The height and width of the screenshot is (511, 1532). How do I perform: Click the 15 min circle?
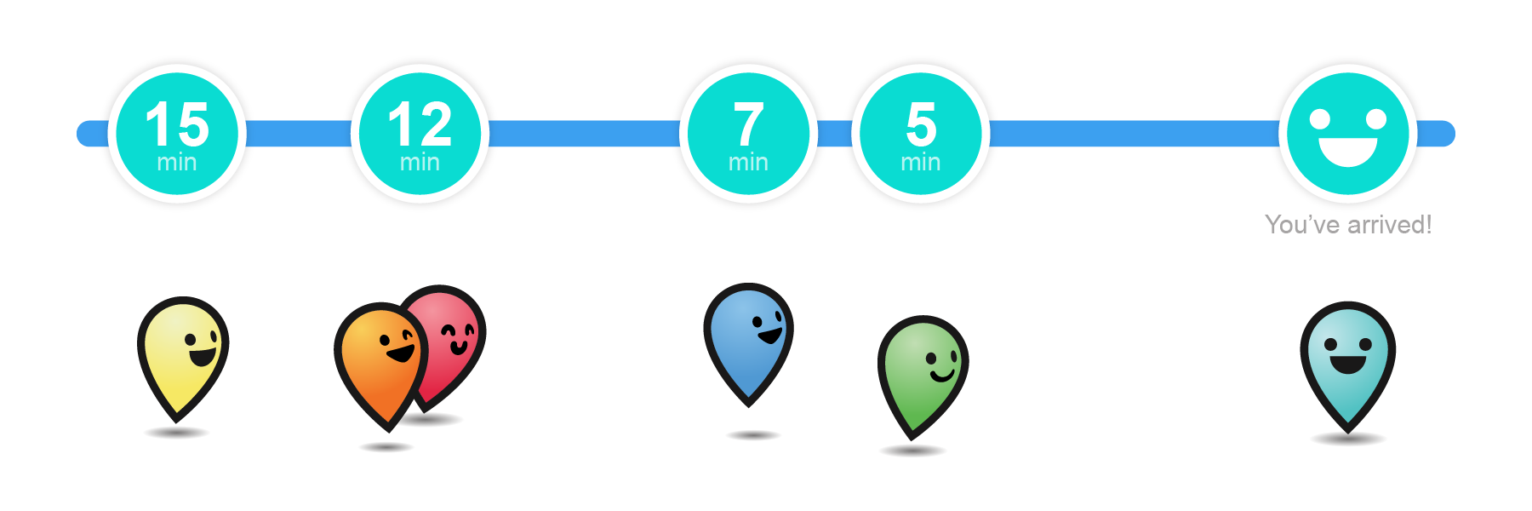coord(177,134)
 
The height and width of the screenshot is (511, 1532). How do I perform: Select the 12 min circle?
coord(420,134)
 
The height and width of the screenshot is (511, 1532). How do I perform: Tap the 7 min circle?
coord(748,134)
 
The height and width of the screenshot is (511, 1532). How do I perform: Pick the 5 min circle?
coord(921,134)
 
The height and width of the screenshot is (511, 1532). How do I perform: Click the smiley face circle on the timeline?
coord(1348,134)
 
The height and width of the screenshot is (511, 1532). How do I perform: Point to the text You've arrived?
coord(1348,225)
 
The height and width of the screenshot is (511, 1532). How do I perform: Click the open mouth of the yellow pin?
coord(203,355)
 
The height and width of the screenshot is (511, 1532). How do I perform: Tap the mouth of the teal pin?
coord(1348,364)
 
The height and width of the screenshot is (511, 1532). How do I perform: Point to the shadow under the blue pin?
coord(753,435)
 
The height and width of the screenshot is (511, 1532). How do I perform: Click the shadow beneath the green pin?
coord(912,451)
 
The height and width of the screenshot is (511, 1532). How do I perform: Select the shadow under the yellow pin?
coord(177,433)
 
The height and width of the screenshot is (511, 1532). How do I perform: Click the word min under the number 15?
coord(177,162)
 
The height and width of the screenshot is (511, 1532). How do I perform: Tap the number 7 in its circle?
coord(748,123)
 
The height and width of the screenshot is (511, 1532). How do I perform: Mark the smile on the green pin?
coord(943,374)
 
